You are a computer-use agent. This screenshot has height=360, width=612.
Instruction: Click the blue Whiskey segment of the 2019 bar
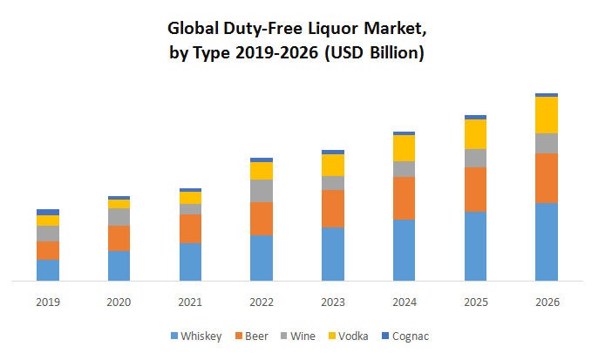pyautogui.click(x=48, y=269)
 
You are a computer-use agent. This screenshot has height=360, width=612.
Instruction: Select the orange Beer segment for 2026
pyautogui.click(x=547, y=178)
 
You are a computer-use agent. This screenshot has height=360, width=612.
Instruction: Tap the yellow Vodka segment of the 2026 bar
pyautogui.click(x=547, y=115)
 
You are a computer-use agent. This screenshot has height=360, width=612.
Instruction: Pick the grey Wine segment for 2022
pyautogui.click(x=262, y=190)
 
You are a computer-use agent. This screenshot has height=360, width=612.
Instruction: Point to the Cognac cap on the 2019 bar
pyautogui.click(x=48, y=212)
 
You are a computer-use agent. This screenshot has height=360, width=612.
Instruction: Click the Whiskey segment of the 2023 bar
pyautogui.click(x=333, y=254)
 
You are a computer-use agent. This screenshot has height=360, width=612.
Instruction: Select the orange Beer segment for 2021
pyautogui.click(x=190, y=228)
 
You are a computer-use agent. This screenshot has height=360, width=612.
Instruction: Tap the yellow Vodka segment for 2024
pyautogui.click(x=404, y=148)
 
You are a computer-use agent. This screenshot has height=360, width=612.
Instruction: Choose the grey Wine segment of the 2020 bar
pyautogui.click(x=119, y=217)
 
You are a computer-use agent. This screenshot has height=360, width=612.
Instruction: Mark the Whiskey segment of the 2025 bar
pyautogui.click(x=475, y=246)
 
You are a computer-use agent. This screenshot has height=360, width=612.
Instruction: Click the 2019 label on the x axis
pyautogui.click(x=48, y=302)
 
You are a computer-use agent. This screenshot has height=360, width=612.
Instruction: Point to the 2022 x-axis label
pyautogui.click(x=262, y=302)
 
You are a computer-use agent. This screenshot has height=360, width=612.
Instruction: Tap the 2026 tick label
pyautogui.click(x=547, y=302)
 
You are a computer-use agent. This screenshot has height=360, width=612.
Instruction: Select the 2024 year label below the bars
pyautogui.click(x=404, y=302)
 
